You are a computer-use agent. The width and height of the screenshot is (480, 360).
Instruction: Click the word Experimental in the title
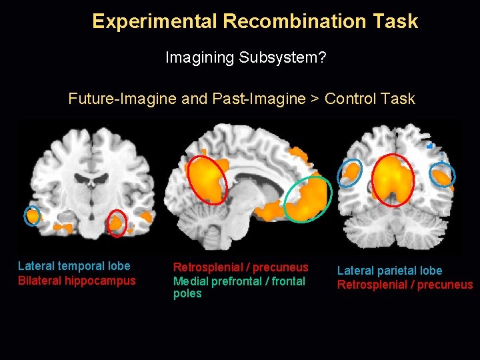pyautogui.click(x=155, y=21)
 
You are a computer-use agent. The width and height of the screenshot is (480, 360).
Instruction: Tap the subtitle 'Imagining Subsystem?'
pyautogui.click(x=245, y=58)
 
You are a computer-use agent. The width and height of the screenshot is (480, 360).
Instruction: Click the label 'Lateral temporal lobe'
pyautogui.click(x=74, y=266)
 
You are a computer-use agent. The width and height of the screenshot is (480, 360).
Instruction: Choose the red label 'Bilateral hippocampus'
pyautogui.click(x=77, y=281)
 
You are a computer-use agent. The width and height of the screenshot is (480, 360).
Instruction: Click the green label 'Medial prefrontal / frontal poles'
pyautogui.click(x=239, y=287)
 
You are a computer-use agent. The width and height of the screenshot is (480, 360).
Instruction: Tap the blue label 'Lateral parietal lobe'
pyautogui.click(x=389, y=271)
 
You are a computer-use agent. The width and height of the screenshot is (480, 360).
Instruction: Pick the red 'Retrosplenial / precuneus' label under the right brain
pyautogui.click(x=405, y=285)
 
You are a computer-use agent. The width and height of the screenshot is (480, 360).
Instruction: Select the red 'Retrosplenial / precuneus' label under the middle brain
pyautogui.click(x=241, y=267)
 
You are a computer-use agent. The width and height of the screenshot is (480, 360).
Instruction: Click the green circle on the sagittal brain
pyautogui.click(x=307, y=199)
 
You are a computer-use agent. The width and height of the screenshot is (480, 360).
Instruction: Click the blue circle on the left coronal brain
pyautogui.click(x=32, y=215)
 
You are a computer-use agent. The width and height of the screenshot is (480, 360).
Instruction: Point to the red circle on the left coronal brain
pyautogui.click(x=117, y=223)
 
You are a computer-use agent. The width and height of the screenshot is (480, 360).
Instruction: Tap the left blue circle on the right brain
pyautogui.click(x=349, y=172)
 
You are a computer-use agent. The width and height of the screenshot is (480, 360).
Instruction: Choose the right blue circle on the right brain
pyautogui.click(x=443, y=175)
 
